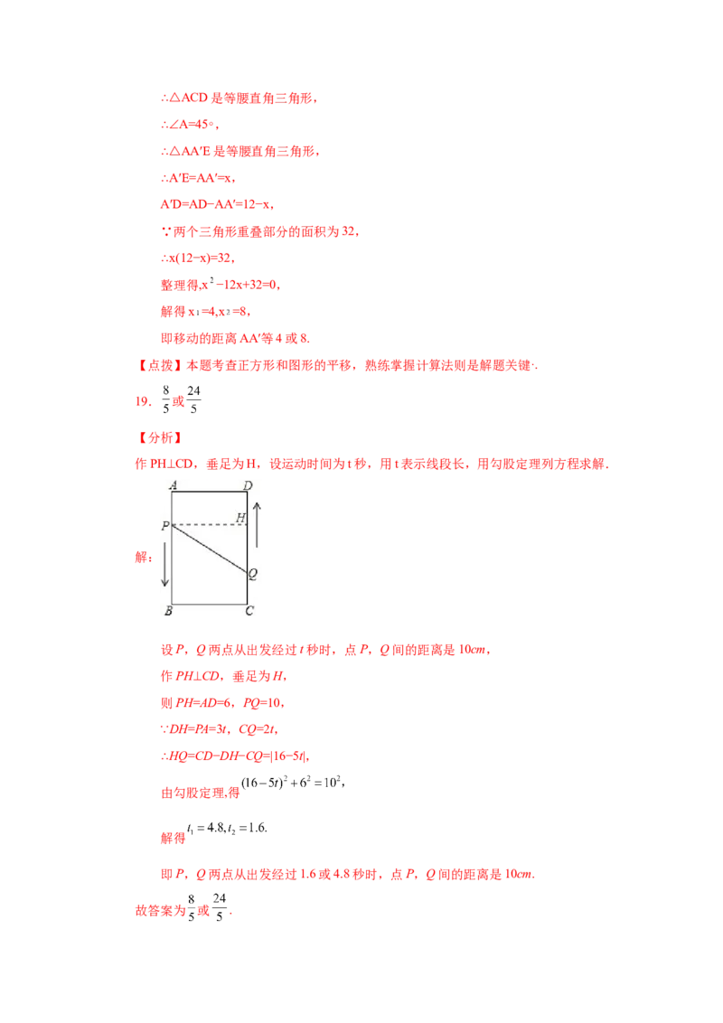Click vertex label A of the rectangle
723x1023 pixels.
pos(173,484)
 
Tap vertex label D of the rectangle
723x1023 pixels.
pos(248,485)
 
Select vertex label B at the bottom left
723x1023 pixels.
pos(168,611)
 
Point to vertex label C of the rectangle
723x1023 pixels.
pos(249,611)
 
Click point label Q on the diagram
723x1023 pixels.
pos(253,574)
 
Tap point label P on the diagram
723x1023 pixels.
pos(165,525)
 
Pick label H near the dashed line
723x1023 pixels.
pos(240,517)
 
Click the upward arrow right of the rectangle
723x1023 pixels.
pos(257,525)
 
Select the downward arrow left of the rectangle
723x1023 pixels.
pos(165,564)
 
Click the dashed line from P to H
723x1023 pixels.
pos(210,524)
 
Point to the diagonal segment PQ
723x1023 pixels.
pos(210,549)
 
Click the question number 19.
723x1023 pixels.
pos(143,401)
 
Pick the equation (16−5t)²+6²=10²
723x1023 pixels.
pos(291,783)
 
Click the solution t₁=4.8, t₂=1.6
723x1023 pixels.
pos(227,828)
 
